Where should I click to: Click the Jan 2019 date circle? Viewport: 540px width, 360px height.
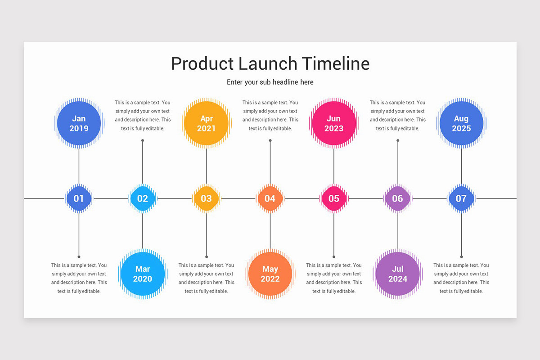(79, 123)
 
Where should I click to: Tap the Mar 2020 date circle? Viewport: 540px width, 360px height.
(143, 274)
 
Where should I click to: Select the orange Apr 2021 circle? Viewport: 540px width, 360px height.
(207, 123)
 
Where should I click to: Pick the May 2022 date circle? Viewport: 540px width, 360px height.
(270, 274)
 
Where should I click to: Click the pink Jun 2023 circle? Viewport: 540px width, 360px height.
(334, 123)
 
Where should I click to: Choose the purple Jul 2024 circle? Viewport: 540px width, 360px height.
(398, 274)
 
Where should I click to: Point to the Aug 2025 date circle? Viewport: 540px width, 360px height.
(461, 123)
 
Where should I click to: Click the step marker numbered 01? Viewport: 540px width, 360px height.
(79, 198)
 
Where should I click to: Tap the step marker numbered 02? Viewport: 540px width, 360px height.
(143, 198)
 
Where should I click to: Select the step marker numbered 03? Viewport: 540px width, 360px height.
(207, 198)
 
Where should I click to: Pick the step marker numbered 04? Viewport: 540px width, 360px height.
(270, 198)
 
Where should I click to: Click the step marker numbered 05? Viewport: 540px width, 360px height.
(334, 198)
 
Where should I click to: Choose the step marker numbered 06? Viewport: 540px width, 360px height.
(398, 198)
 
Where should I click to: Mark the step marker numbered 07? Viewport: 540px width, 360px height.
(461, 198)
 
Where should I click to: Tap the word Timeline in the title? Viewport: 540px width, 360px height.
(335, 63)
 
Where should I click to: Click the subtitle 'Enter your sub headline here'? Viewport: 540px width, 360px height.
(270, 82)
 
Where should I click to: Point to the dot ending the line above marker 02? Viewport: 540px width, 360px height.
(143, 140)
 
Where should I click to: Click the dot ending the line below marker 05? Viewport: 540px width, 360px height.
(334, 256)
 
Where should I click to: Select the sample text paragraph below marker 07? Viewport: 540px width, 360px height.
(461, 278)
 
